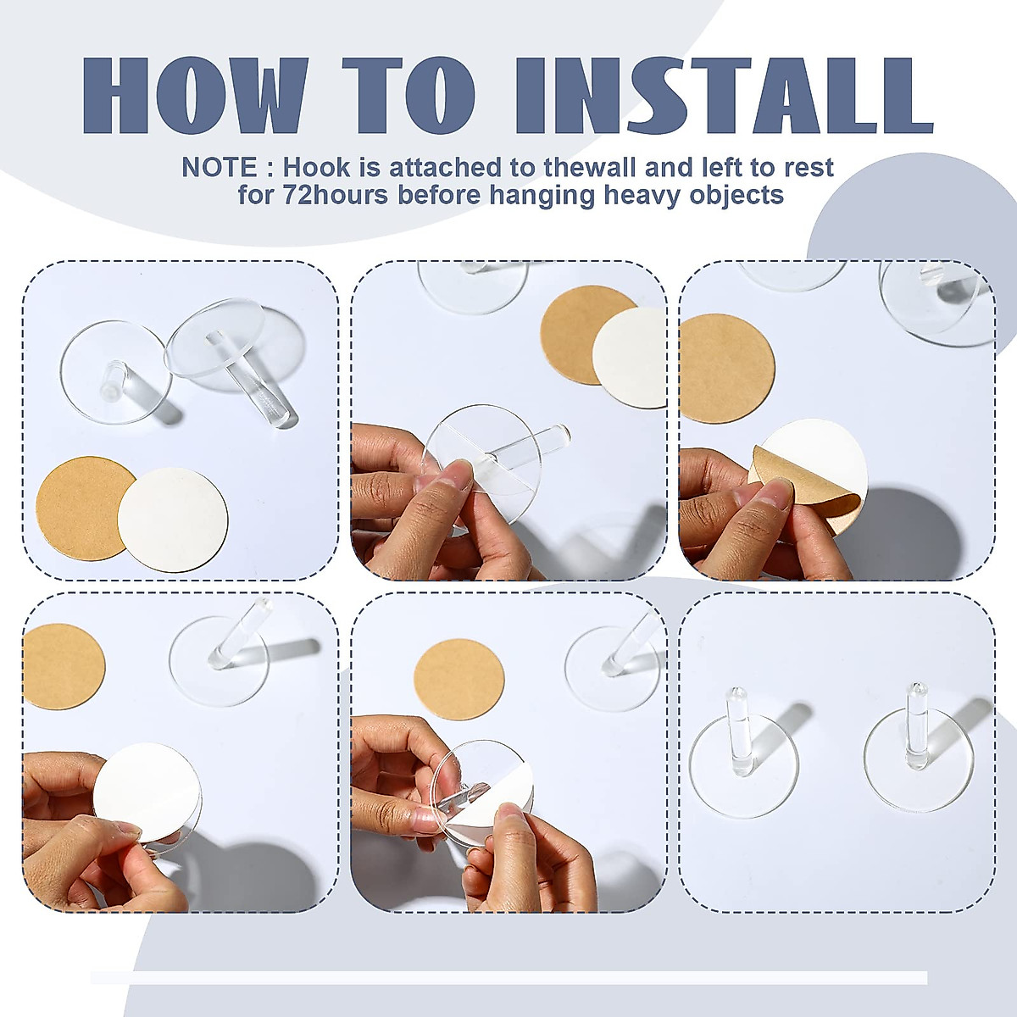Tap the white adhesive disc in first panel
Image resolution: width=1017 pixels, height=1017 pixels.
coord(174,519)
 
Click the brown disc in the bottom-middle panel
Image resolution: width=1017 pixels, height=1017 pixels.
coord(458,679)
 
